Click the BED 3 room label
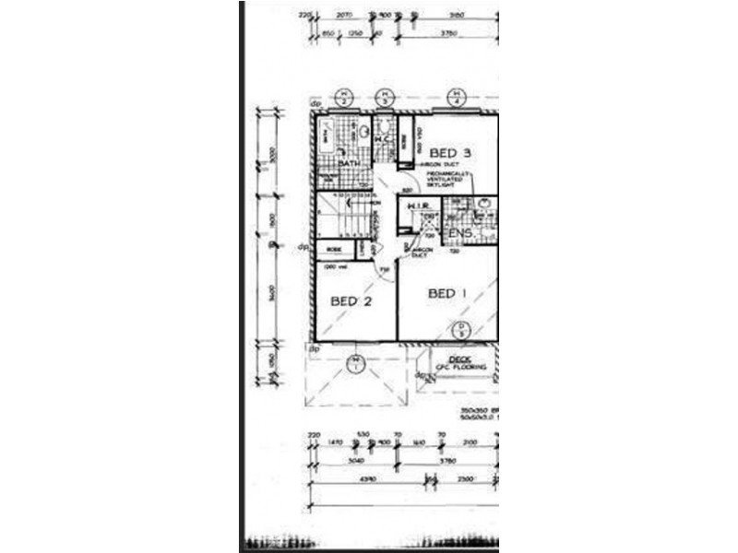[453, 153]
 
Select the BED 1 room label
[447, 294]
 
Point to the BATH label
[348, 164]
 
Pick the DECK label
[458, 359]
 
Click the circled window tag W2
[344, 97]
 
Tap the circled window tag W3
[386, 97]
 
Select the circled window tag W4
[455, 97]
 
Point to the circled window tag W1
[355, 364]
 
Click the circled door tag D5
[460, 329]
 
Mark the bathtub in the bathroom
[326, 139]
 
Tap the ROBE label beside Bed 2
[334, 249]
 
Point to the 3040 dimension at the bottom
[353, 462]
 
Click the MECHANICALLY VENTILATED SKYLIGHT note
[448, 179]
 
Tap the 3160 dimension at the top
[455, 16]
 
